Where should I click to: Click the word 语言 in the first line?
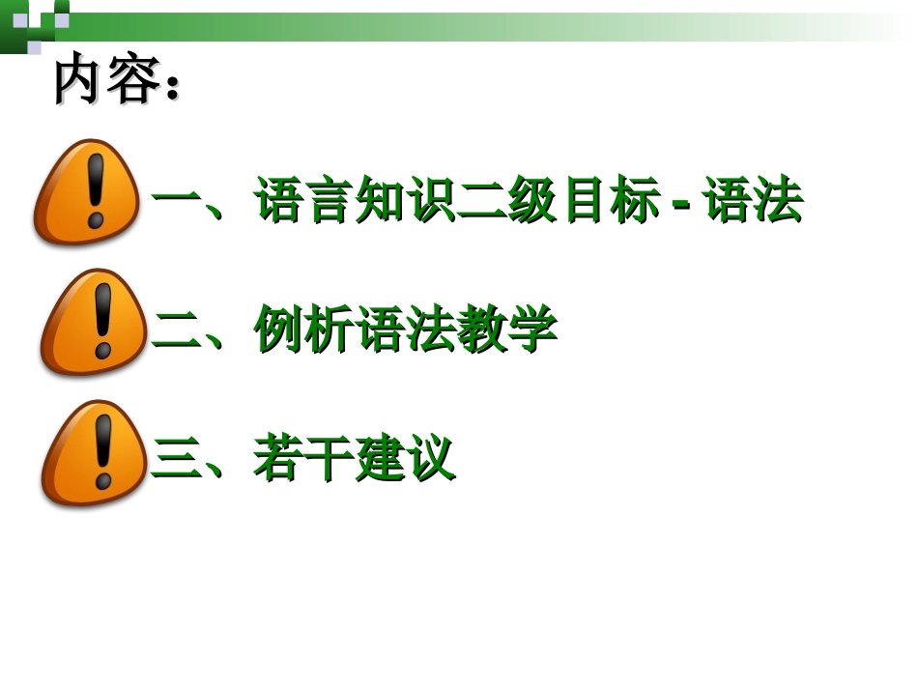click(x=303, y=201)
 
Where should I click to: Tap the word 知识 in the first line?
click(x=405, y=201)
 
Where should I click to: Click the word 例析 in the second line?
click(x=303, y=330)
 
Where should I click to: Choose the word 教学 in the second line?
click(x=507, y=330)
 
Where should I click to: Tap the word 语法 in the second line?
click(x=405, y=330)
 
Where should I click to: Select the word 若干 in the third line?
click(x=303, y=459)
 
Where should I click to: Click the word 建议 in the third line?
click(x=405, y=459)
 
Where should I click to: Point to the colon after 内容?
click(x=172, y=87)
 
